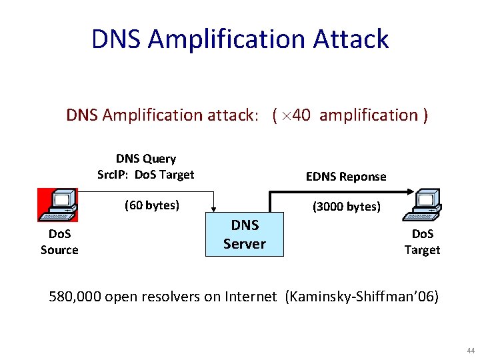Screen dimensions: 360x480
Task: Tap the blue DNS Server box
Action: pyautogui.click(x=245, y=235)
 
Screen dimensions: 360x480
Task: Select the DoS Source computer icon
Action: pyautogui.click(x=58, y=205)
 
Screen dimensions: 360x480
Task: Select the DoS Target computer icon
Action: pyautogui.click(x=422, y=205)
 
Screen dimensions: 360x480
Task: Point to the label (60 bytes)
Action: pyautogui.click(x=152, y=205)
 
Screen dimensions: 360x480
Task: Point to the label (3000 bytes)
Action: pyautogui.click(x=346, y=207)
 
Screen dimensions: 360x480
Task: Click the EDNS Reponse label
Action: pyautogui.click(x=346, y=177)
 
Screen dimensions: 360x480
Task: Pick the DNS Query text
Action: pyautogui.click(x=146, y=159)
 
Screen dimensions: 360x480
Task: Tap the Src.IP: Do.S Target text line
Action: pyautogui.click(x=146, y=175)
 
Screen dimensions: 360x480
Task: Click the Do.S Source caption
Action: pyautogui.click(x=59, y=242)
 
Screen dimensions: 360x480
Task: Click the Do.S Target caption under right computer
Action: pyautogui.click(x=422, y=242)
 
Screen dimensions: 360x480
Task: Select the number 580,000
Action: pyautogui.click(x=75, y=297)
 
